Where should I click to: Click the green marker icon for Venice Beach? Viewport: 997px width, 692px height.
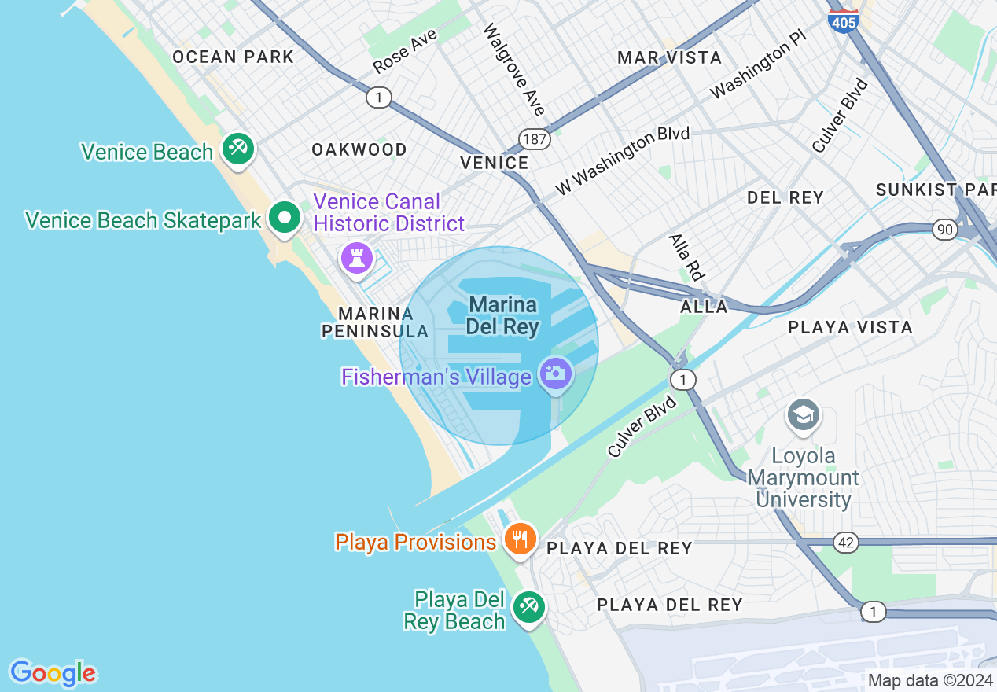(236, 148)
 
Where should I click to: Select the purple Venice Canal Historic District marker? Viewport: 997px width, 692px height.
(357, 257)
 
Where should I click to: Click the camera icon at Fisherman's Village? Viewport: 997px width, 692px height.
(556, 373)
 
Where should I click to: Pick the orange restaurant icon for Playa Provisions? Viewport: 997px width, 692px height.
(520, 539)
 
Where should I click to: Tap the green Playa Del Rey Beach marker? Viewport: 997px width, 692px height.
(529, 606)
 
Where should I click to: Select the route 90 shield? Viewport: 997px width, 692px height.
(945, 230)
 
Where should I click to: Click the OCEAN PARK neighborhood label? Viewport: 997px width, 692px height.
(233, 57)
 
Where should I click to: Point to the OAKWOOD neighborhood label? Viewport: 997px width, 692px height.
(359, 149)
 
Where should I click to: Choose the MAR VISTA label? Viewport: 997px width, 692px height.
(669, 57)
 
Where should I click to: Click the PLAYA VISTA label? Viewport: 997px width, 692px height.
(850, 327)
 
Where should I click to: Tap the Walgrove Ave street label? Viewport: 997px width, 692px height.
(513, 69)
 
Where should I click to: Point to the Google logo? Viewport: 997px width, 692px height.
(53, 673)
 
